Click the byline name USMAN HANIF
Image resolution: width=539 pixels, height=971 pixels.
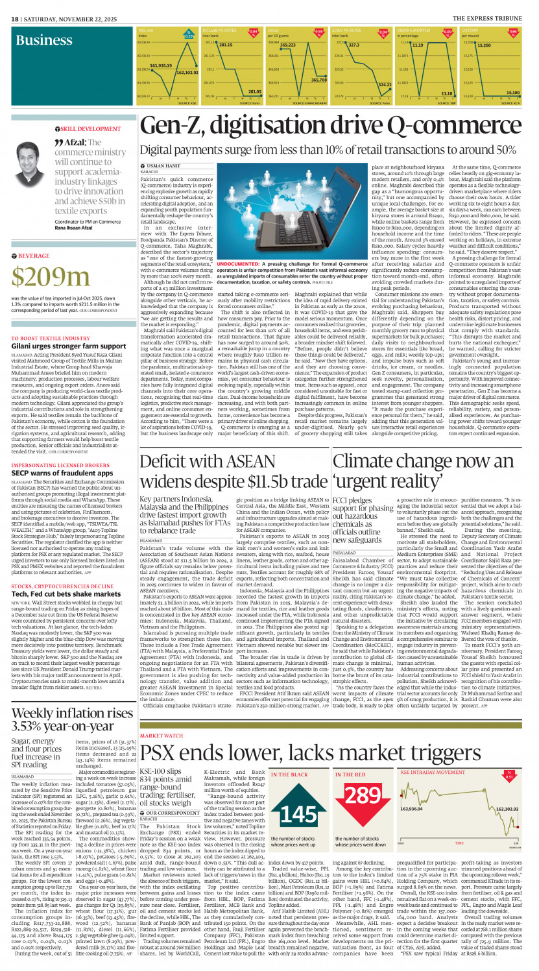click(163, 166)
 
